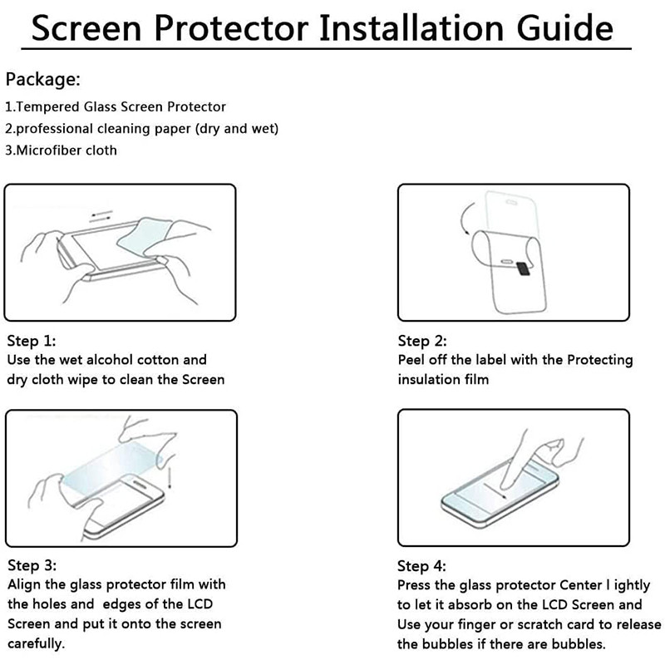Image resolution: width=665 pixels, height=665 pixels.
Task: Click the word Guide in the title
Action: [564, 28]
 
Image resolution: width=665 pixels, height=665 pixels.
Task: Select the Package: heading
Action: [43, 80]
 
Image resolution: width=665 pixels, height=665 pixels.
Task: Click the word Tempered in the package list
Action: [48, 107]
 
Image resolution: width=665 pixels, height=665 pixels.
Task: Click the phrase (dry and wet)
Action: [237, 129]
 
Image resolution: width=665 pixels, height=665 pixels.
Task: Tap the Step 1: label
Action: [32, 341]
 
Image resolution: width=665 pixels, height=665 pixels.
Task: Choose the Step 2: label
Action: [422, 341]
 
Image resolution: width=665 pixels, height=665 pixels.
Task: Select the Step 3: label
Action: [32, 565]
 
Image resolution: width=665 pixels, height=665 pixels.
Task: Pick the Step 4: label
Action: [421, 566]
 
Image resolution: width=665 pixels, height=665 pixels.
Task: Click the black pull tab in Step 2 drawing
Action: [524, 268]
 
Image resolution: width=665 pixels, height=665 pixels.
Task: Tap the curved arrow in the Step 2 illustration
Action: [465, 218]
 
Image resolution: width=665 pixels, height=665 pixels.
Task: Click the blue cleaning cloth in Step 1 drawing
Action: [144, 238]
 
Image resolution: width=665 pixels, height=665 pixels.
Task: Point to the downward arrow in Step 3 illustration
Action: [170, 478]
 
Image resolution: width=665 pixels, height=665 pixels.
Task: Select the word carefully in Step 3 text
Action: [36, 643]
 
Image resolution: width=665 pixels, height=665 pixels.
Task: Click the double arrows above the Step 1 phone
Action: [101, 216]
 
